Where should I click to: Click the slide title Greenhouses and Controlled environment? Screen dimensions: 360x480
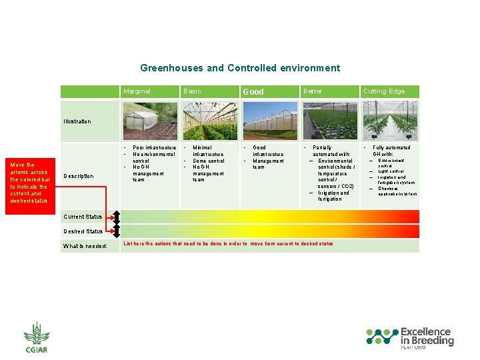[x=240, y=68]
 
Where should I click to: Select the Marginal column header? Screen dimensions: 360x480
[x=137, y=91]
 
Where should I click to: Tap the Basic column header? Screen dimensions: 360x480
[x=192, y=91]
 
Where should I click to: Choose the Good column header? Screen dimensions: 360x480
[x=253, y=91]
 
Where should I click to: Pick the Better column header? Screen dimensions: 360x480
[x=312, y=91]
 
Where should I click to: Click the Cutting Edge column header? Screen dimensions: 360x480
[x=383, y=91]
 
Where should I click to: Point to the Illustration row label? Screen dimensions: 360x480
[x=77, y=121]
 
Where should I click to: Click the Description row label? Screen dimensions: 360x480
[x=78, y=176]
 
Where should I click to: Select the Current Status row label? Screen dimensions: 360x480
[x=83, y=217]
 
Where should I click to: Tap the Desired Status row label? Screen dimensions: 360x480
[x=83, y=231]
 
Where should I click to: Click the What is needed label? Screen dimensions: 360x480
[x=85, y=246]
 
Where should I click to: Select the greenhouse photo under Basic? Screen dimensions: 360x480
[x=209, y=121]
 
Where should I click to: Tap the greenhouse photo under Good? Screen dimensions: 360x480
[x=269, y=121]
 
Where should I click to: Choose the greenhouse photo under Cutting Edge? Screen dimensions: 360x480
[x=390, y=121]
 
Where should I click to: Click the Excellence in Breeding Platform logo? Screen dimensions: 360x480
[x=409, y=338]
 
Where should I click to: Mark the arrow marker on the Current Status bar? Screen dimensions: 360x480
[x=116, y=217]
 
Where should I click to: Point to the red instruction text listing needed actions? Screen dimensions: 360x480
[x=228, y=244]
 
